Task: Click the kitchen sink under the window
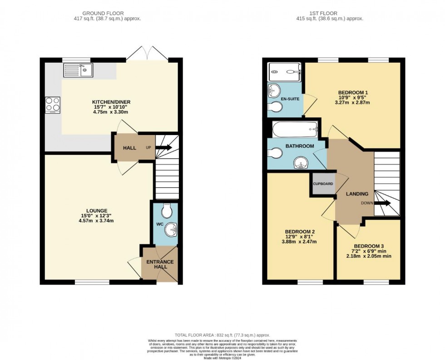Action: (78, 70)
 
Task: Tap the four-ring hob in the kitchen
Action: (53, 105)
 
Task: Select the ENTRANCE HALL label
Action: (160, 264)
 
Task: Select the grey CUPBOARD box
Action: (323, 184)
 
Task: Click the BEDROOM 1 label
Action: (354, 93)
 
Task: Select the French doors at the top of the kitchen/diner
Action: (147, 54)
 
